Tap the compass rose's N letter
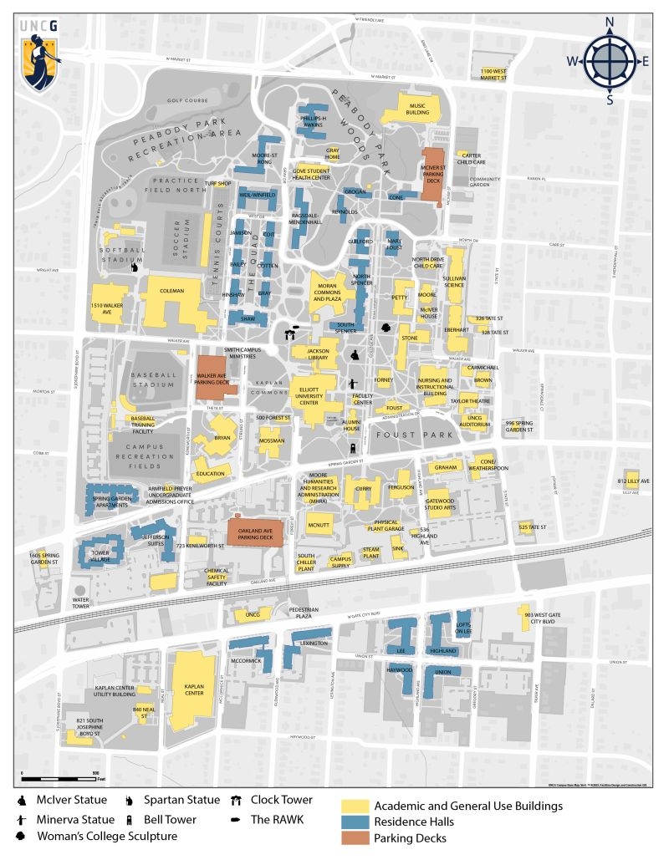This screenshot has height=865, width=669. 610,23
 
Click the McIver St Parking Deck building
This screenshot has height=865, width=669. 432,174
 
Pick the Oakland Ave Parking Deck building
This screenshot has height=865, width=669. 255,532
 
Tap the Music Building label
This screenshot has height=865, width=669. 416,109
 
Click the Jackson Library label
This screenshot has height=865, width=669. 317,354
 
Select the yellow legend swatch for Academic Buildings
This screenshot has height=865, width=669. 354,806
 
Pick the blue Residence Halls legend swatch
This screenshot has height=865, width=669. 354,822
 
